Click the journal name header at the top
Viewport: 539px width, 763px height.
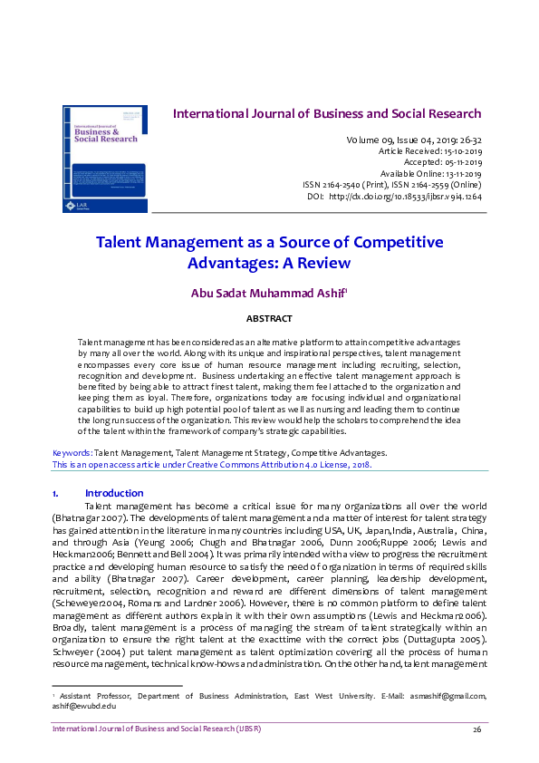point(327,114)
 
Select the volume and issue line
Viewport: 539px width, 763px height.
point(413,140)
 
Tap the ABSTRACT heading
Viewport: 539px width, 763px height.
point(269,319)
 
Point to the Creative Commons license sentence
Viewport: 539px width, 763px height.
point(211,463)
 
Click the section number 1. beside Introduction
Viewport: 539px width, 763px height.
point(57,493)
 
